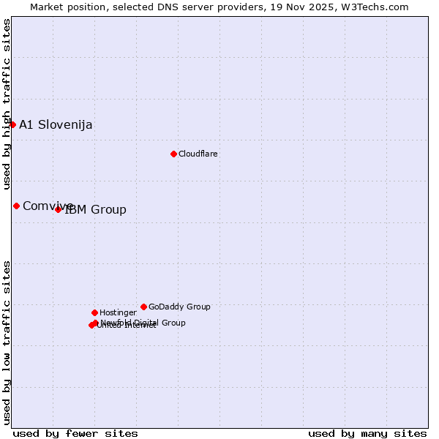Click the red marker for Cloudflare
pyautogui.click(x=173, y=154)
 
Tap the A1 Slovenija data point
pyautogui.click(x=12, y=124)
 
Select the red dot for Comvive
pyautogui.click(x=16, y=206)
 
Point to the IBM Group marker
pyautogui.click(x=59, y=209)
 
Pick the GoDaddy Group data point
pyautogui.click(x=143, y=307)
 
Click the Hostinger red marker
pyautogui.click(x=94, y=312)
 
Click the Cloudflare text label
pyautogui.click(x=198, y=154)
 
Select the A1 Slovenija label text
pyautogui.click(x=56, y=124)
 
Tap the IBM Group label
pyautogui.click(x=96, y=210)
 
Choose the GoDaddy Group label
pyautogui.click(x=179, y=307)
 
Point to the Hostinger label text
pyautogui.click(x=118, y=312)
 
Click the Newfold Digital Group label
pyautogui.click(x=143, y=323)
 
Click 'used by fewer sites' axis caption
pyautogui.click(x=75, y=433)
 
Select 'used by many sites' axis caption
pyautogui.click(x=367, y=433)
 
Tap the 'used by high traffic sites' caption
pyautogui.click(x=7, y=104)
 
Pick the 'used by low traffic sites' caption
pyautogui.click(x=7, y=342)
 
